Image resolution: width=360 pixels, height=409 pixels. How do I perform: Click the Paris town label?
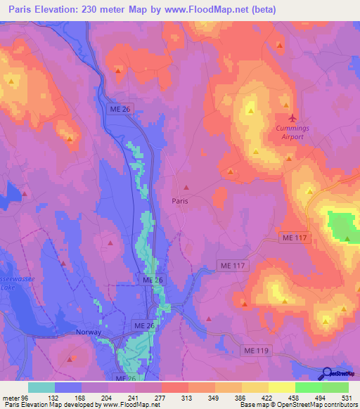point(180,200)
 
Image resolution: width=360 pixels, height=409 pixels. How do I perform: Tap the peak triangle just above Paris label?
point(186,187)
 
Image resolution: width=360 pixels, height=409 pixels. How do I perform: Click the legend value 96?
point(29,396)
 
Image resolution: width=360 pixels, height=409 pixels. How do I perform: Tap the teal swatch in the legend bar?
point(41,387)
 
